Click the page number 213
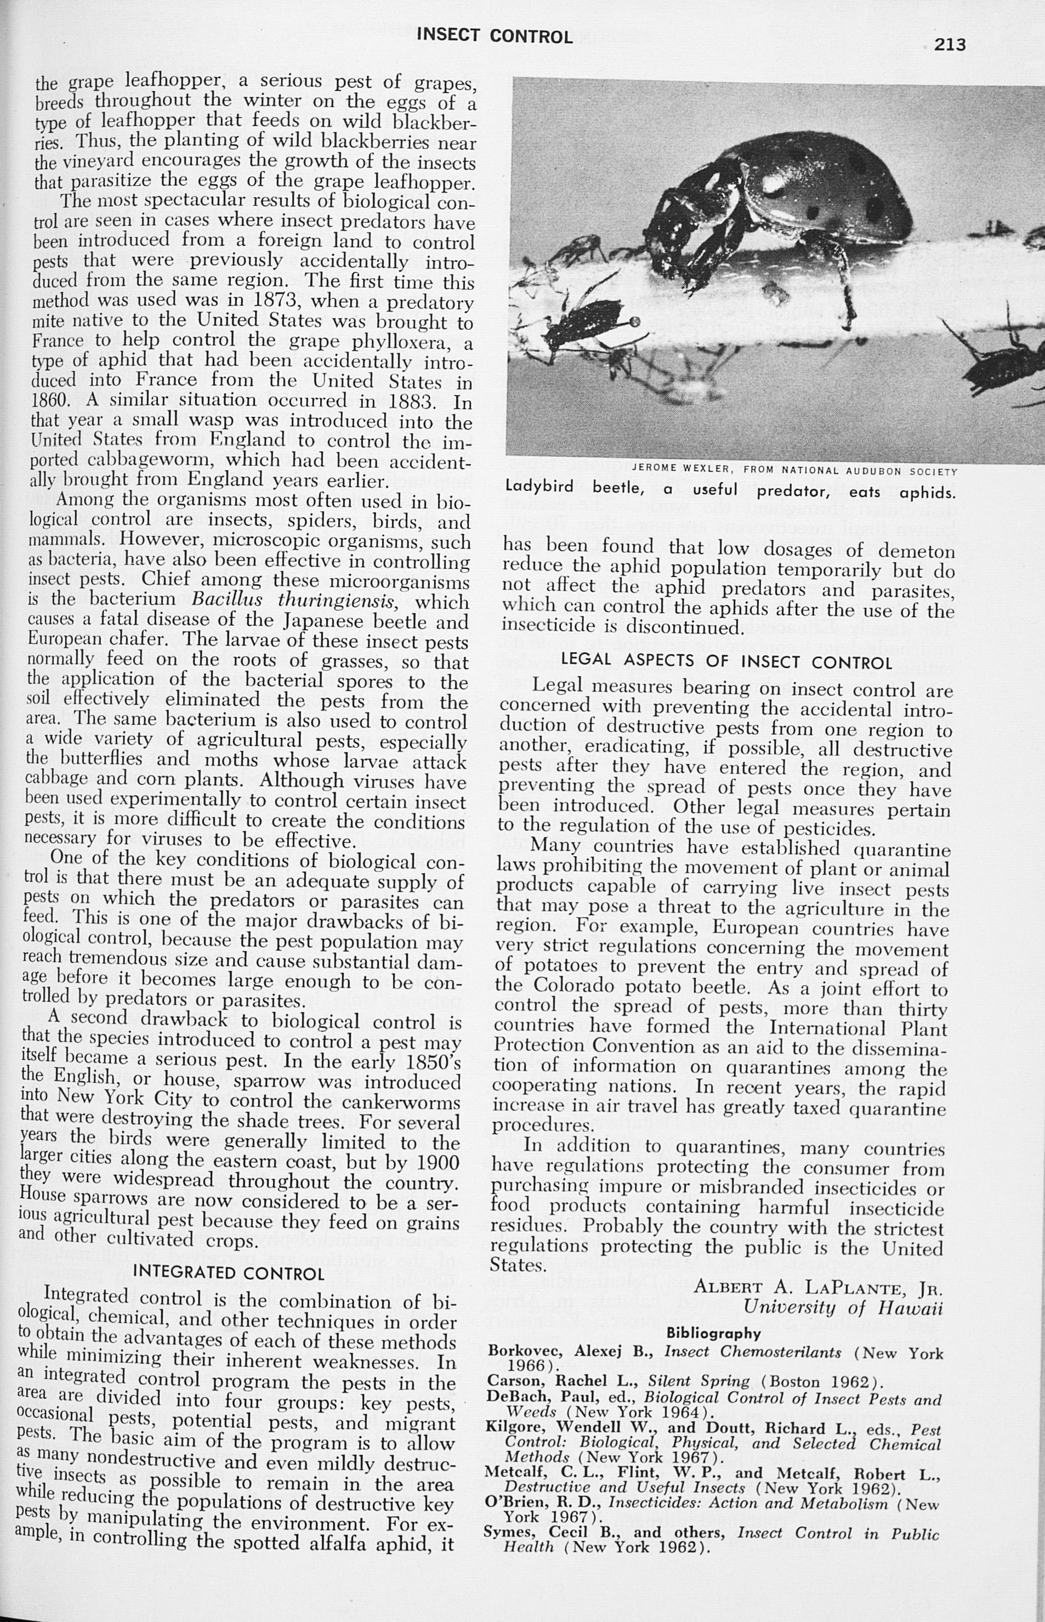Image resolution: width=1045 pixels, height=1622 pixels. point(949,45)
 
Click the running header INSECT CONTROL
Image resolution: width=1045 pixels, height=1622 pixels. point(495,36)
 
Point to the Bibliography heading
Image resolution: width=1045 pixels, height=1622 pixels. point(714,1333)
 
